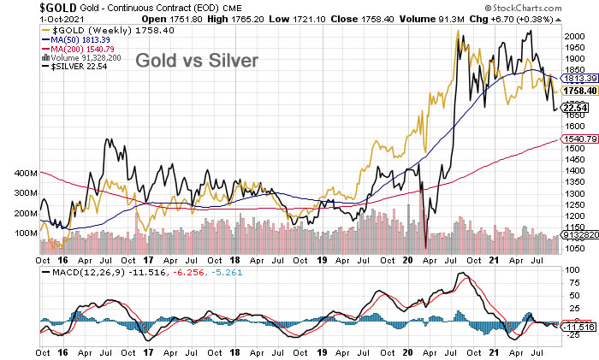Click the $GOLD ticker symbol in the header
(x=22, y=9)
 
